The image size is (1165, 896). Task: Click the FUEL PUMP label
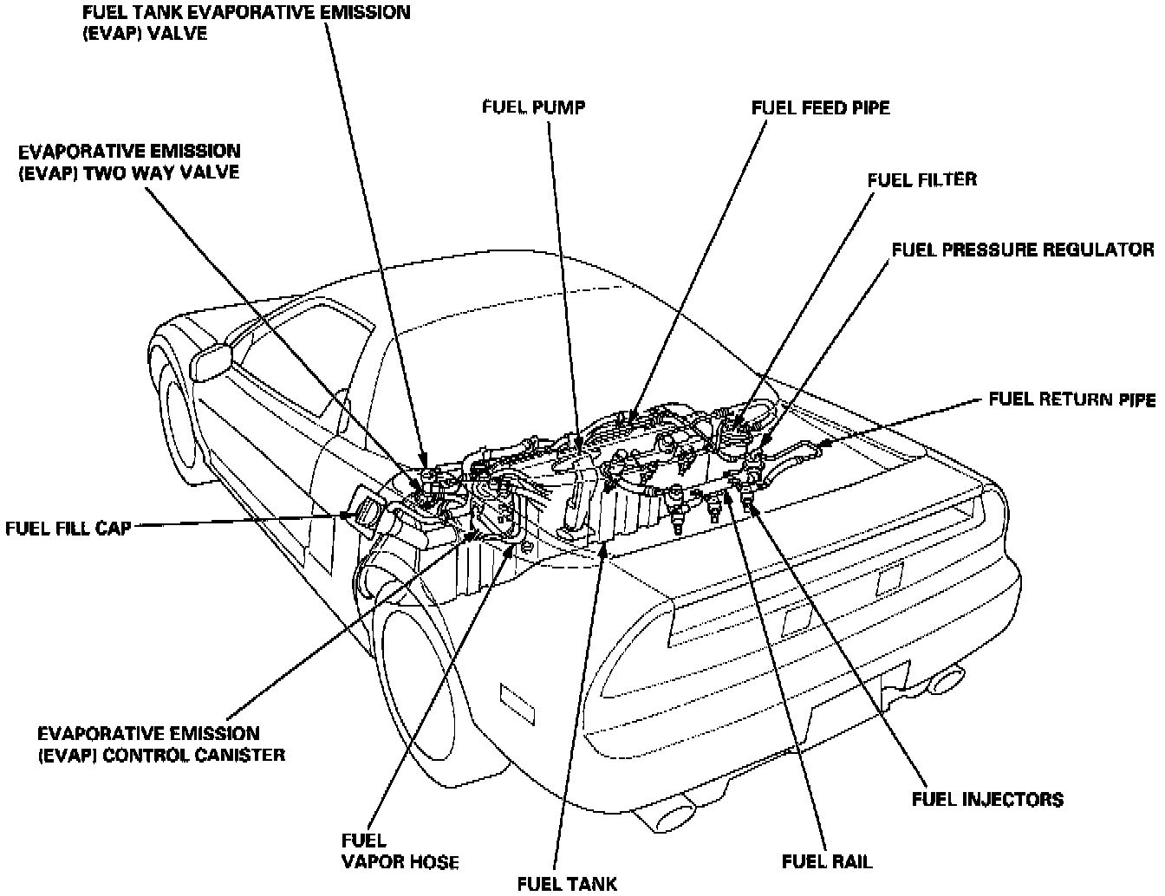(533, 107)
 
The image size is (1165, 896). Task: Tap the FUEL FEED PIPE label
(820, 107)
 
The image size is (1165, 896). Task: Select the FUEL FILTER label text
(922, 179)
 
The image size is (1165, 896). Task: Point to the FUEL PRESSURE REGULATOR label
(1023, 250)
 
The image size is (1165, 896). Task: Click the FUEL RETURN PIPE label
(1071, 399)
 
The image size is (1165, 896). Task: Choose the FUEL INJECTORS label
(987, 798)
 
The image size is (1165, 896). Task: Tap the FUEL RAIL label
(827, 861)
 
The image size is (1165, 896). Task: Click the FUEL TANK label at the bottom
(567, 883)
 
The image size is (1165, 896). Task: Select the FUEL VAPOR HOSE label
(400, 851)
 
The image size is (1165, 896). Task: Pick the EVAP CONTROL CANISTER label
(161, 743)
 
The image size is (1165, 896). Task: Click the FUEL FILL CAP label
(68, 527)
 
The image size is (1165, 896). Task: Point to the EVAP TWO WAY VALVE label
(129, 161)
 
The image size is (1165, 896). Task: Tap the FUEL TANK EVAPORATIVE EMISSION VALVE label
(246, 23)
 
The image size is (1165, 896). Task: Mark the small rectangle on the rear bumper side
(515, 699)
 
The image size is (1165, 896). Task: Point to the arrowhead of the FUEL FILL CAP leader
(346, 518)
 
